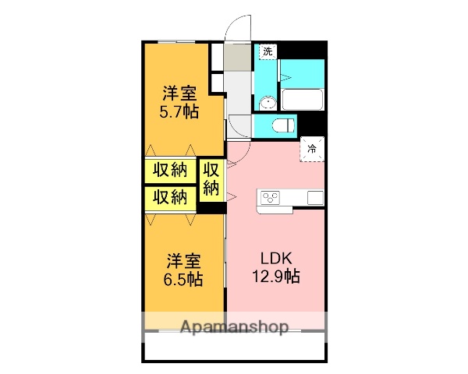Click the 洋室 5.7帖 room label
coord(179,101)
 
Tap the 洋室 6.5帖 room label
coord(184,270)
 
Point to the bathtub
coord(303,99)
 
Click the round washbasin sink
coord(268,101)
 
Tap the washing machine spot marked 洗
coord(268,51)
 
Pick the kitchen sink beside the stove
coord(314,197)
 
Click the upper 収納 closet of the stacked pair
coord(169,170)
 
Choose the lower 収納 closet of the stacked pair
coord(169,196)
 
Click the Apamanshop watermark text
coord(234,326)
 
